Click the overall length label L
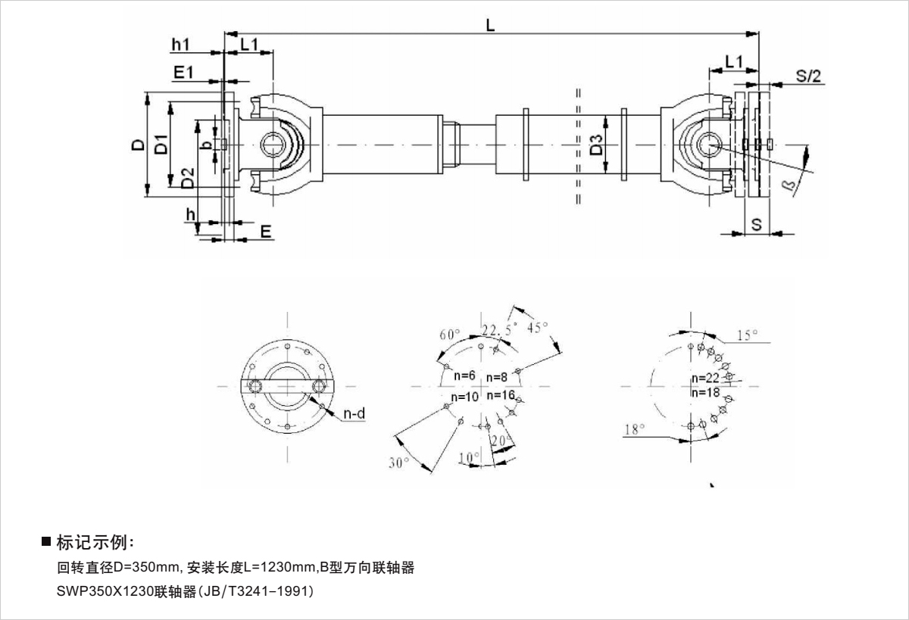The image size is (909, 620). [490, 25]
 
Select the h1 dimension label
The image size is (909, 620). [180, 45]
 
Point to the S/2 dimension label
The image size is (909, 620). [808, 75]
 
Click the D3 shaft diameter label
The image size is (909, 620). [597, 145]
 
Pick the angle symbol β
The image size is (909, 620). [788, 184]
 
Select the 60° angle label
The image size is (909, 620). [450, 335]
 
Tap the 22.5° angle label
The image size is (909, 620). [497, 329]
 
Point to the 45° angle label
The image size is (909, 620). [536, 328]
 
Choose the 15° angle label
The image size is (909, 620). [748, 335]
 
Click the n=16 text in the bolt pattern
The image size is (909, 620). [501, 395]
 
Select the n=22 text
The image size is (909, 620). [705, 379]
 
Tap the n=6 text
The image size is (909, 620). [464, 376]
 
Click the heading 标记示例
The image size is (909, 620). [95, 542]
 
